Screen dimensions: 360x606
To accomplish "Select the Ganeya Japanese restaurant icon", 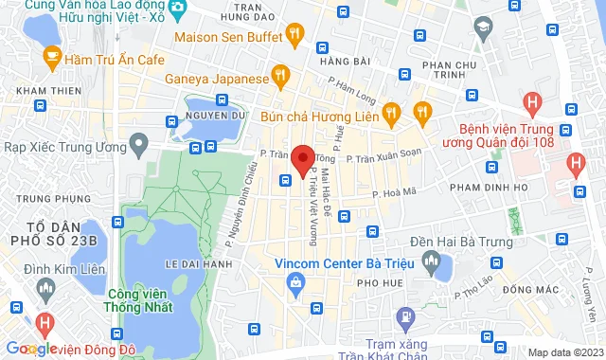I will coord(279,73).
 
